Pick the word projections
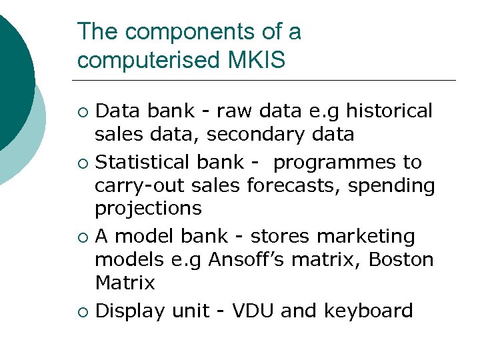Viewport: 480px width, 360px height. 148,209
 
